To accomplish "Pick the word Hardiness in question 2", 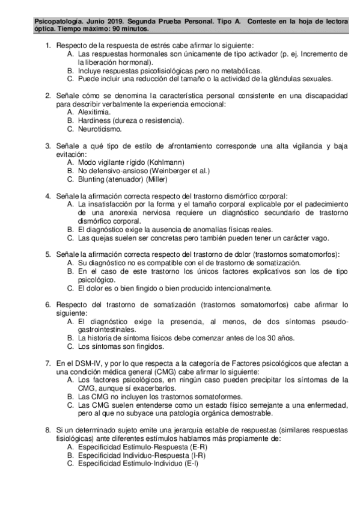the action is [94, 120].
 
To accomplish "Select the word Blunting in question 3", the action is [92, 179].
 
